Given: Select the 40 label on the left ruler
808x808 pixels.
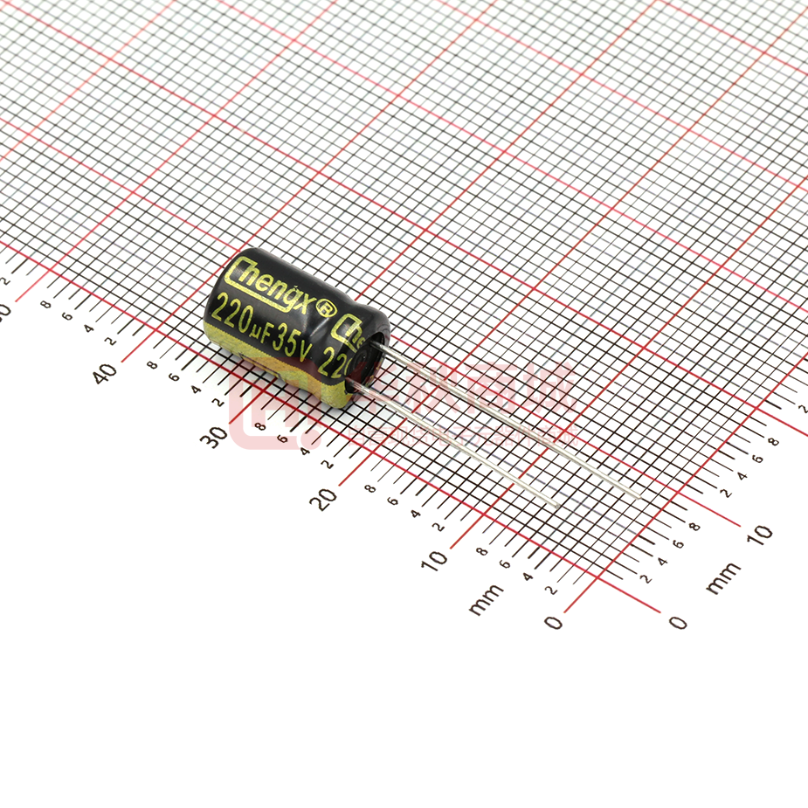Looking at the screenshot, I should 106,372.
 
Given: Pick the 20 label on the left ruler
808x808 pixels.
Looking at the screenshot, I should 326,499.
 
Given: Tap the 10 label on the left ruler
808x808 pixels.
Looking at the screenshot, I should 434,560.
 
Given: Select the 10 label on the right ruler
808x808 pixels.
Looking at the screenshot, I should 761,532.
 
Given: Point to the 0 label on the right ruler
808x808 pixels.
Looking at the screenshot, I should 678,622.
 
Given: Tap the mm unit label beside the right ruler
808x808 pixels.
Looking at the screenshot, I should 722,578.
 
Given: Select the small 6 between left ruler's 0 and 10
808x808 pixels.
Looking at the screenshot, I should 504,563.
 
